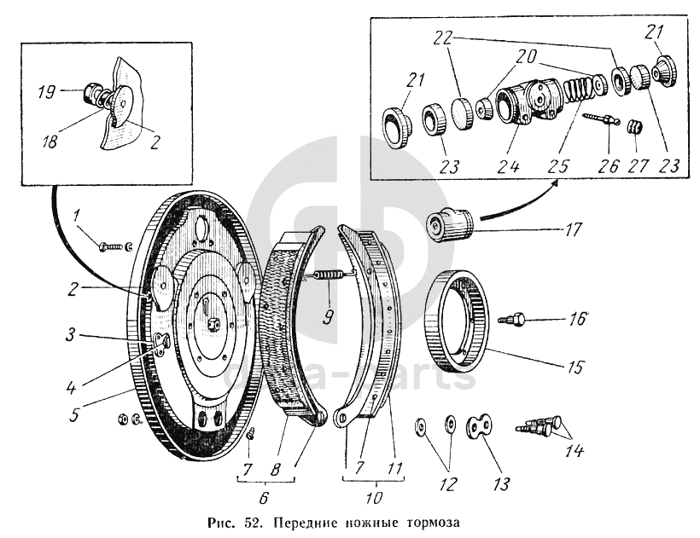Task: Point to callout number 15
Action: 574,368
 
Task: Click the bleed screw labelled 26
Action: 603,120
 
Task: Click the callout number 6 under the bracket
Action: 264,497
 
